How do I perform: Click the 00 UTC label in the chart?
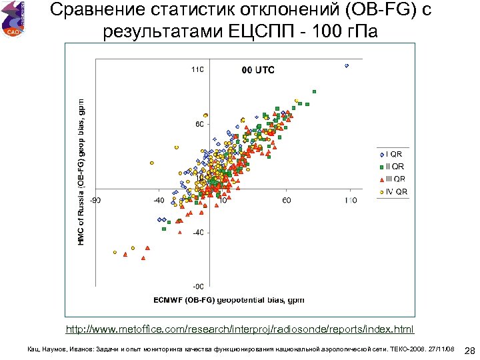pos(257,70)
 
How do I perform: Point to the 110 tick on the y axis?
pos(197,69)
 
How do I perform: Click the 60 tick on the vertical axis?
pos(199,124)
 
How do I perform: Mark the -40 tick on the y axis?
pos(198,233)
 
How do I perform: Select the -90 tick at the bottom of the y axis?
pos(198,287)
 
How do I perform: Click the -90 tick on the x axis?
pos(96,199)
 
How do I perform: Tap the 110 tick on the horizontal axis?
pos(349,199)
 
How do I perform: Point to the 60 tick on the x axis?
pos(286,199)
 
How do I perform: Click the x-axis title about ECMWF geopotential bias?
pos(229,300)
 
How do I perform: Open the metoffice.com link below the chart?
pos(239,329)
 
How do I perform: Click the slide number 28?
pos(469,351)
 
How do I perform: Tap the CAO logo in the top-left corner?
pos(13,19)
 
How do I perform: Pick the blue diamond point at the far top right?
pos(347,65)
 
